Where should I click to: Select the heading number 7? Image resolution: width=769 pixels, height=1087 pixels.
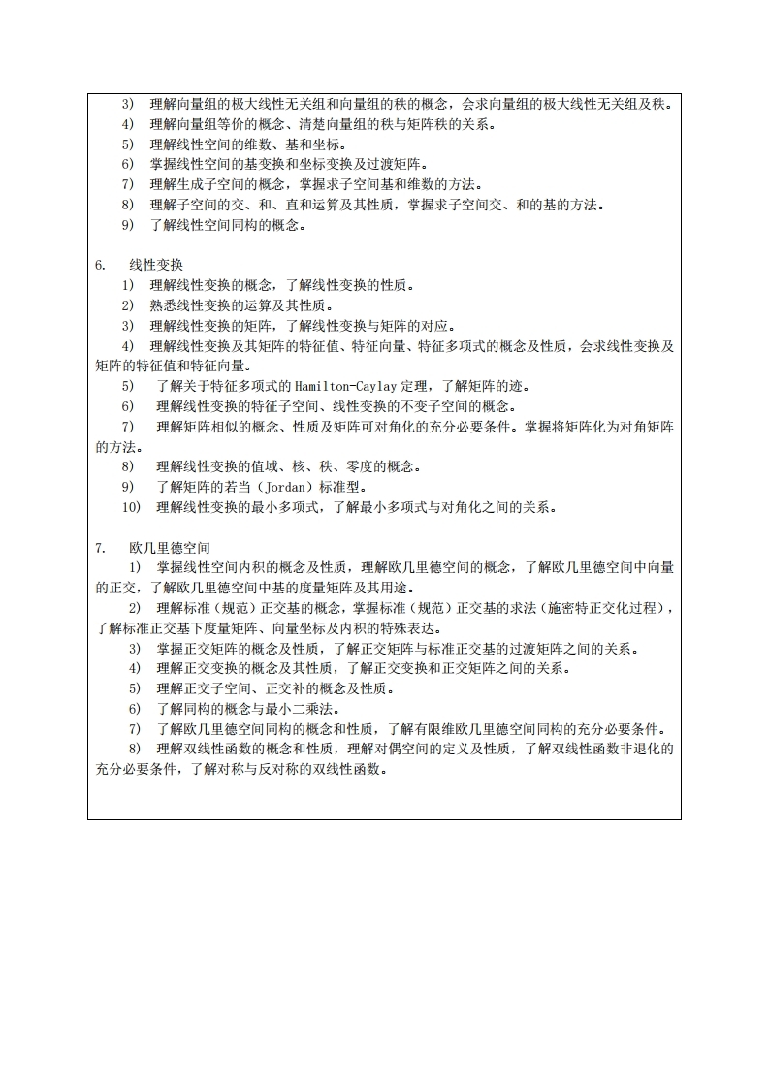pyautogui.click(x=100, y=548)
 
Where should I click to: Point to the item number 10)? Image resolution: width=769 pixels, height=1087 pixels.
pyautogui.click(x=131, y=507)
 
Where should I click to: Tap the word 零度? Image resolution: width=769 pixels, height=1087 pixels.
pyautogui.click(x=330, y=466)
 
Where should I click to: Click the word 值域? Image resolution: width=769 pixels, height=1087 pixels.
pyautogui.click(x=258, y=466)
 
